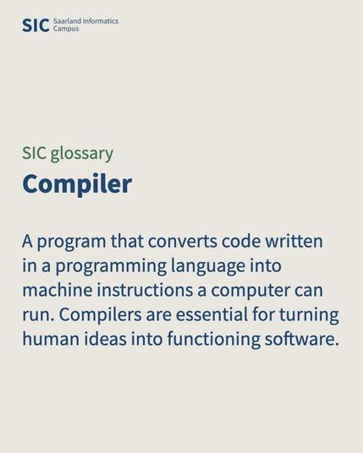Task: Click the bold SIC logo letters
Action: (x=35, y=25)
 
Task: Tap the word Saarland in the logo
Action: (x=68, y=21)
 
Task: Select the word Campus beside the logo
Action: (x=66, y=29)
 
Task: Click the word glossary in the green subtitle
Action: (x=81, y=153)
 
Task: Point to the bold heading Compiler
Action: (x=77, y=183)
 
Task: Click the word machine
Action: (x=57, y=291)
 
